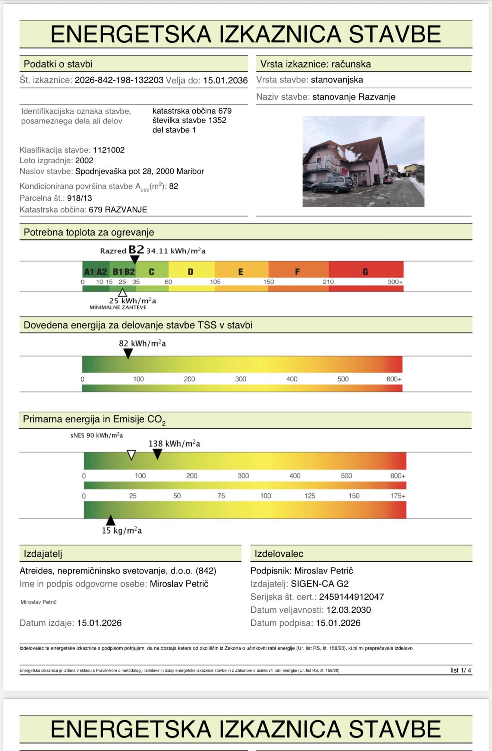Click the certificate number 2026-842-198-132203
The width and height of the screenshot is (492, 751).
coord(119,80)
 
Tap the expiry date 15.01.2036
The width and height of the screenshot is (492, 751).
coord(225,80)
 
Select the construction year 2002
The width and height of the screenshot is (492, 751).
coord(84,160)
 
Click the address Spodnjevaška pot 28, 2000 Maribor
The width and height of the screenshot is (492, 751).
coord(139,171)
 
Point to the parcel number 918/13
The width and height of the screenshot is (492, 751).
coord(79,198)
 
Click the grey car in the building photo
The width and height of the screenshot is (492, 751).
coord(332,185)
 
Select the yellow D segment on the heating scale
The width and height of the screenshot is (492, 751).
coord(191,271)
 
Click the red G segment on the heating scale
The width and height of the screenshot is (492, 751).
coord(365,271)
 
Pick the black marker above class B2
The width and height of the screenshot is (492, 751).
coord(135,259)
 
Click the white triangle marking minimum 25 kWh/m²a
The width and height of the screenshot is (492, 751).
coord(122,293)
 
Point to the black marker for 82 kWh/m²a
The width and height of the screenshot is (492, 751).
coord(128,353)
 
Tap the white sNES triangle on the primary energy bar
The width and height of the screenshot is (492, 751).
coord(131,455)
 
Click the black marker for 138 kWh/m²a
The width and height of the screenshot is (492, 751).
coord(158,453)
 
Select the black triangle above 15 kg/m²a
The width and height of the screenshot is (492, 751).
coord(110,520)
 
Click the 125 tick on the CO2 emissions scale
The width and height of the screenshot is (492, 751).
coord(310,496)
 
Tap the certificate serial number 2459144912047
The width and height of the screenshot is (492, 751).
coord(351,597)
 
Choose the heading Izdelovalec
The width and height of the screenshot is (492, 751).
coord(279,554)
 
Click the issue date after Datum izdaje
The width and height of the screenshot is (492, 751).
coord(99,623)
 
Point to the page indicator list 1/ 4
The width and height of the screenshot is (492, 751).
coord(461,670)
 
